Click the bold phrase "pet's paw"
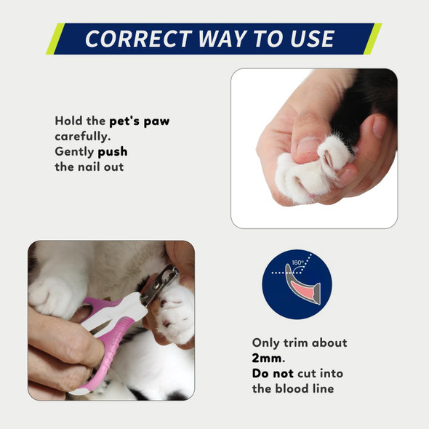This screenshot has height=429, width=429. pos(139,121)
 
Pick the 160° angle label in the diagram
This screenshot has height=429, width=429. pos(297,262)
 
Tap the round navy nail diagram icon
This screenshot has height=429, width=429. pos(297,283)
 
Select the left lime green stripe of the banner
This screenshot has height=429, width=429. pos(56,39)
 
